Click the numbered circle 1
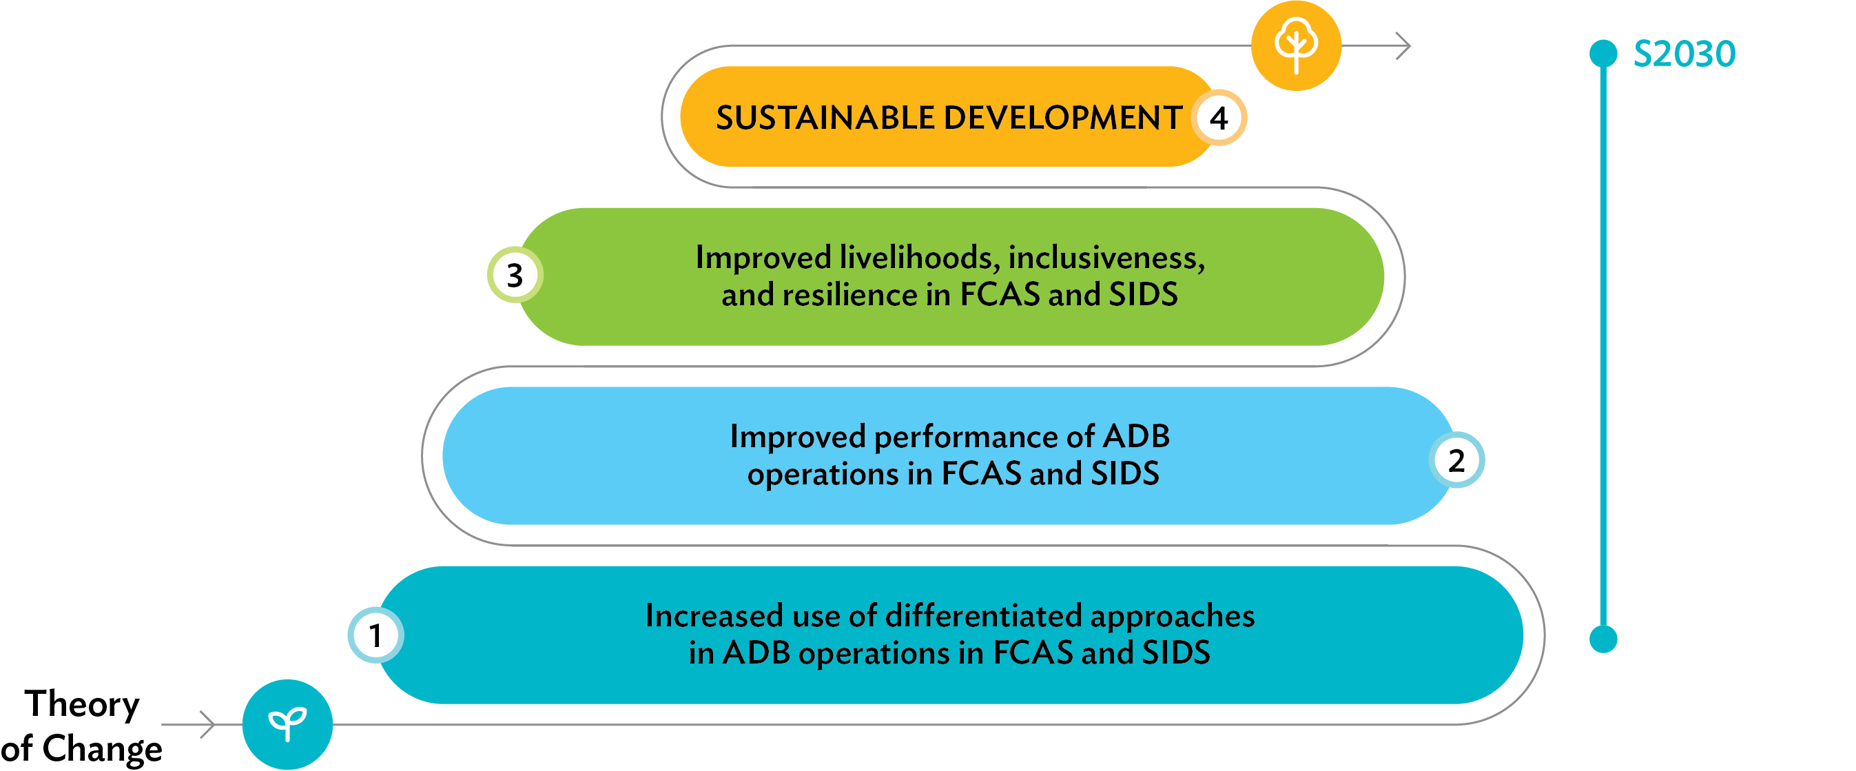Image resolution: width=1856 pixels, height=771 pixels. (375, 635)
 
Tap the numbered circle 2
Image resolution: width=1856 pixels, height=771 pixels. (1456, 460)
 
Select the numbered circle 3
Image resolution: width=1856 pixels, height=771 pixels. (515, 275)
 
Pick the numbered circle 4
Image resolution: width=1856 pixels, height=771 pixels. (1218, 117)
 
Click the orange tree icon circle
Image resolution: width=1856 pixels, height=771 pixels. (1295, 45)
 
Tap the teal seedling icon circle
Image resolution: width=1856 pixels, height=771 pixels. (287, 724)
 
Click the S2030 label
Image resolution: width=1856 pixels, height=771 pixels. (1684, 54)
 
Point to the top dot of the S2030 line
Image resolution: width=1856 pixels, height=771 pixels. (1603, 53)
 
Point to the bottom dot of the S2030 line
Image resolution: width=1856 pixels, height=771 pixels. (1603, 639)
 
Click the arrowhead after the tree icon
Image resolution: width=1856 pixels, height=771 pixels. (1403, 45)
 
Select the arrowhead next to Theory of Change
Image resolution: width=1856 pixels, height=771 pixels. (207, 724)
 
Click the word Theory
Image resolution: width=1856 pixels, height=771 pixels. (82, 705)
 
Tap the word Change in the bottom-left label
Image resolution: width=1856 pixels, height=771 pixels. (103, 749)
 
